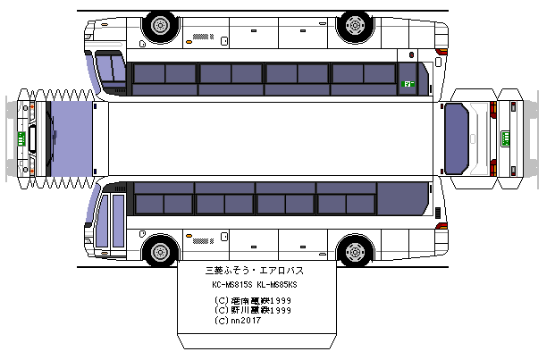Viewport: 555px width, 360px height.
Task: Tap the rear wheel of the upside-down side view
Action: click(161, 25)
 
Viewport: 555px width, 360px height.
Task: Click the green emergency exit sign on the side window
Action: click(408, 83)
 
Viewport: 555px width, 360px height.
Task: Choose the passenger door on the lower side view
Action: click(112, 221)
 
